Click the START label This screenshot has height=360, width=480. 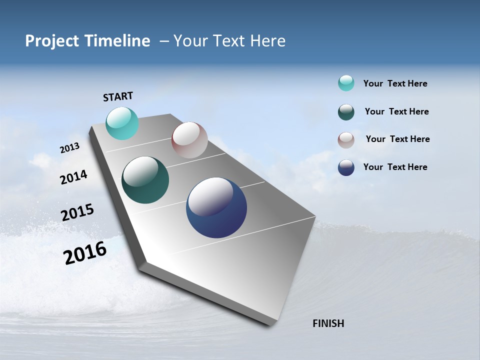coord(118,96)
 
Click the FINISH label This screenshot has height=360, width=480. coord(328,323)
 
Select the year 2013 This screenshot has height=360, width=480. coord(69,148)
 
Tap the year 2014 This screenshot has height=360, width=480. coord(73,177)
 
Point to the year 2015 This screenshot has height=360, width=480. coord(77,212)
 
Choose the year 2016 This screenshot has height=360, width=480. coord(85,253)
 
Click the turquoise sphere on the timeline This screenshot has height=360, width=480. coord(122,123)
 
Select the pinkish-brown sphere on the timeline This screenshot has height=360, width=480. coord(189,140)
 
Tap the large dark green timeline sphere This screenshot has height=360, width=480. coord(145,180)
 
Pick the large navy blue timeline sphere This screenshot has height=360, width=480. coord(216,207)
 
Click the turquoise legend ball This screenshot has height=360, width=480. coord(346,83)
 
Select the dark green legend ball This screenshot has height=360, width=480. coord(346,112)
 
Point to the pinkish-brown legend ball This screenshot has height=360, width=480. coord(346,140)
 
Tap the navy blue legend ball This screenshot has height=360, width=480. coord(346,167)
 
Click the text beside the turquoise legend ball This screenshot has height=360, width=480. coord(395,84)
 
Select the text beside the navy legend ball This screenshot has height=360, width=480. coord(395,167)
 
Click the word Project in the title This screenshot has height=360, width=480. coord(51,41)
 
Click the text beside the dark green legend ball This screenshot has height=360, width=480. coord(396,111)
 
